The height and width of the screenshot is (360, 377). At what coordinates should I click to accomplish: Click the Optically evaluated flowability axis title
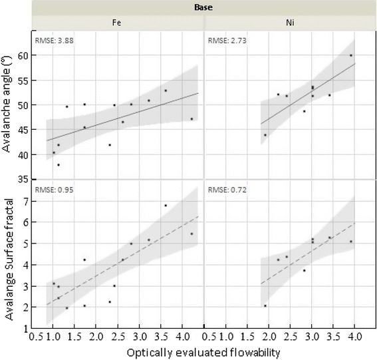point(203,350)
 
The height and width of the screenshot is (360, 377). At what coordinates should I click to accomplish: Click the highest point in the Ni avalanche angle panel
point(351,55)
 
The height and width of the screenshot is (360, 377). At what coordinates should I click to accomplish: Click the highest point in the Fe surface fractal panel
point(166,205)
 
